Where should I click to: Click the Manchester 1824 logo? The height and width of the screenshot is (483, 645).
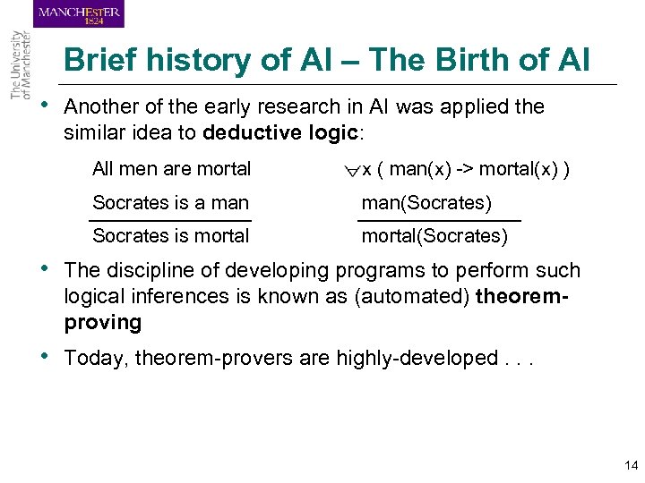80,14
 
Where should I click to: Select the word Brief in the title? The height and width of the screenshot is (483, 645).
100,61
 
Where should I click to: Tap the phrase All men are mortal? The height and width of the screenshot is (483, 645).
171,169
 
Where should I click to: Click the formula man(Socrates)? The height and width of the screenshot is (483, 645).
426,203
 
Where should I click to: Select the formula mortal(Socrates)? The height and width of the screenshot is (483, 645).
434,236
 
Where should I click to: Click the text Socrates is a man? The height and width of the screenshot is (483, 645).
170,203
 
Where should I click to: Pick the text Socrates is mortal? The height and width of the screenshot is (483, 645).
170,236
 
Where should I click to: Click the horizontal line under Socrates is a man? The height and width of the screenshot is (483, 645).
170,219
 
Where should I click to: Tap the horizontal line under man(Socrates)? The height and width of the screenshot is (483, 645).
439,220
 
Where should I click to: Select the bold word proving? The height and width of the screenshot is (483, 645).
103,322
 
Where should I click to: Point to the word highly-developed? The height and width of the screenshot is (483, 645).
417,359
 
